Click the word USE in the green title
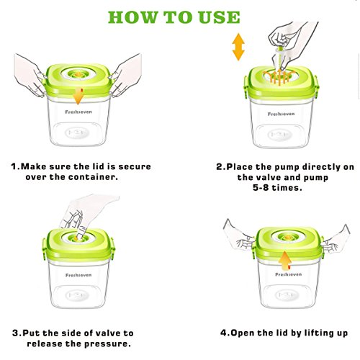(x=220, y=17)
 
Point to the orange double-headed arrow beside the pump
(x=238, y=47)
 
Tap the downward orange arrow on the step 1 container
(x=78, y=96)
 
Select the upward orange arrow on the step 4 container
(x=285, y=261)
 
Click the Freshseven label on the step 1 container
(x=78, y=112)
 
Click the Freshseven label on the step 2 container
(x=281, y=114)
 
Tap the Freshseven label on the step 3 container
(x=78, y=275)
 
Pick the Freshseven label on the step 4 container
(x=288, y=274)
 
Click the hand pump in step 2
(x=279, y=58)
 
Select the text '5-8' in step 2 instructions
(x=261, y=187)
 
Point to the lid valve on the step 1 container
(x=78, y=74)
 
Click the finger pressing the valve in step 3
(x=81, y=233)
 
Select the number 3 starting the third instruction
(x=15, y=333)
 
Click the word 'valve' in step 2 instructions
(x=272, y=178)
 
